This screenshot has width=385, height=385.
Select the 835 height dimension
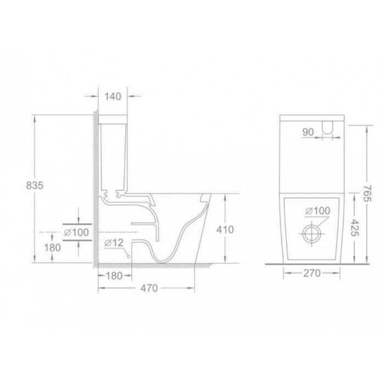point(34,186)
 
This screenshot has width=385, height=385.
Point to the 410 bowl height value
point(226,229)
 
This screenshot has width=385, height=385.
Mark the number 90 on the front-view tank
point(308,132)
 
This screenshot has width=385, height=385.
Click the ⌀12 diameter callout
point(112,243)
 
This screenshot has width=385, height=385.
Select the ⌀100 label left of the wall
point(76,233)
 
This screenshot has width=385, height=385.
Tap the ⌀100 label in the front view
point(316,211)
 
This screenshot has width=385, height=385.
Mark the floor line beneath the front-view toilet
point(312,264)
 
